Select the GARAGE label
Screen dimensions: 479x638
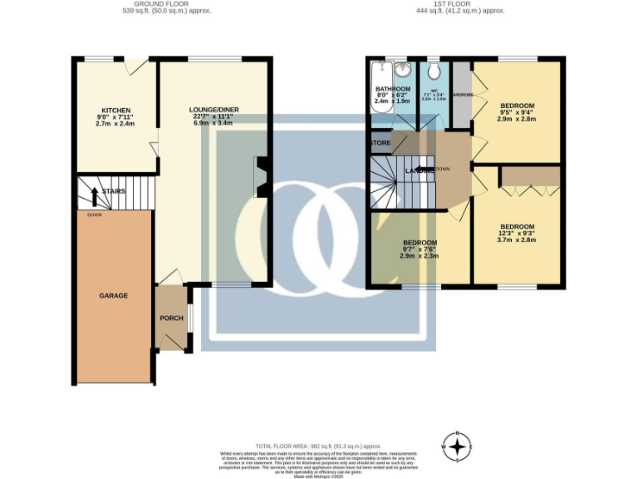[114, 295]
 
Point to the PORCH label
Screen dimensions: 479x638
[171, 319]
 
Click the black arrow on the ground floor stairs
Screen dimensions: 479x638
[95, 195]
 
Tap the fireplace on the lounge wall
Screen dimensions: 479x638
[261, 176]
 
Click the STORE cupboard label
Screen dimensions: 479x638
[380, 143]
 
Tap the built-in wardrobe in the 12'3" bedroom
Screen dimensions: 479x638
[530, 175]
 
